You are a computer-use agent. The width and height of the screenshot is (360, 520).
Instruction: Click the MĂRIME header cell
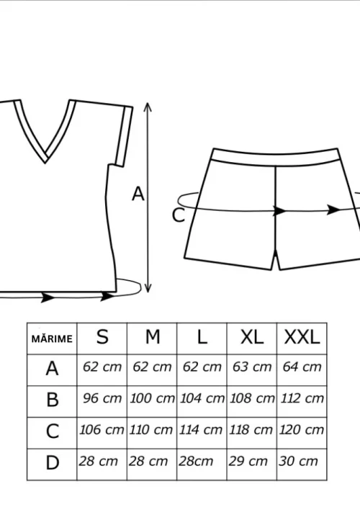point(52,339)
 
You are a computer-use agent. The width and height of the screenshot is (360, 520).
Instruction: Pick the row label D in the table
point(52,462)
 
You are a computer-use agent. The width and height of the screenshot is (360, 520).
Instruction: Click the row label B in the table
point(53,400)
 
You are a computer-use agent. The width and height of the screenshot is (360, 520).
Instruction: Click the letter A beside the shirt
point(138,194)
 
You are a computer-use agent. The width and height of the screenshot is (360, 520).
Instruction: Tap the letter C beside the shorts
point(179,215)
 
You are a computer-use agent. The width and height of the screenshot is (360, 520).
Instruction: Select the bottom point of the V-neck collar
point(45,163)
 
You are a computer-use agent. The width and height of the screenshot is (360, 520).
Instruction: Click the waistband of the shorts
point(276,158)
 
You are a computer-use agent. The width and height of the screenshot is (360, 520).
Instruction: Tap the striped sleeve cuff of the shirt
point(125,136)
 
